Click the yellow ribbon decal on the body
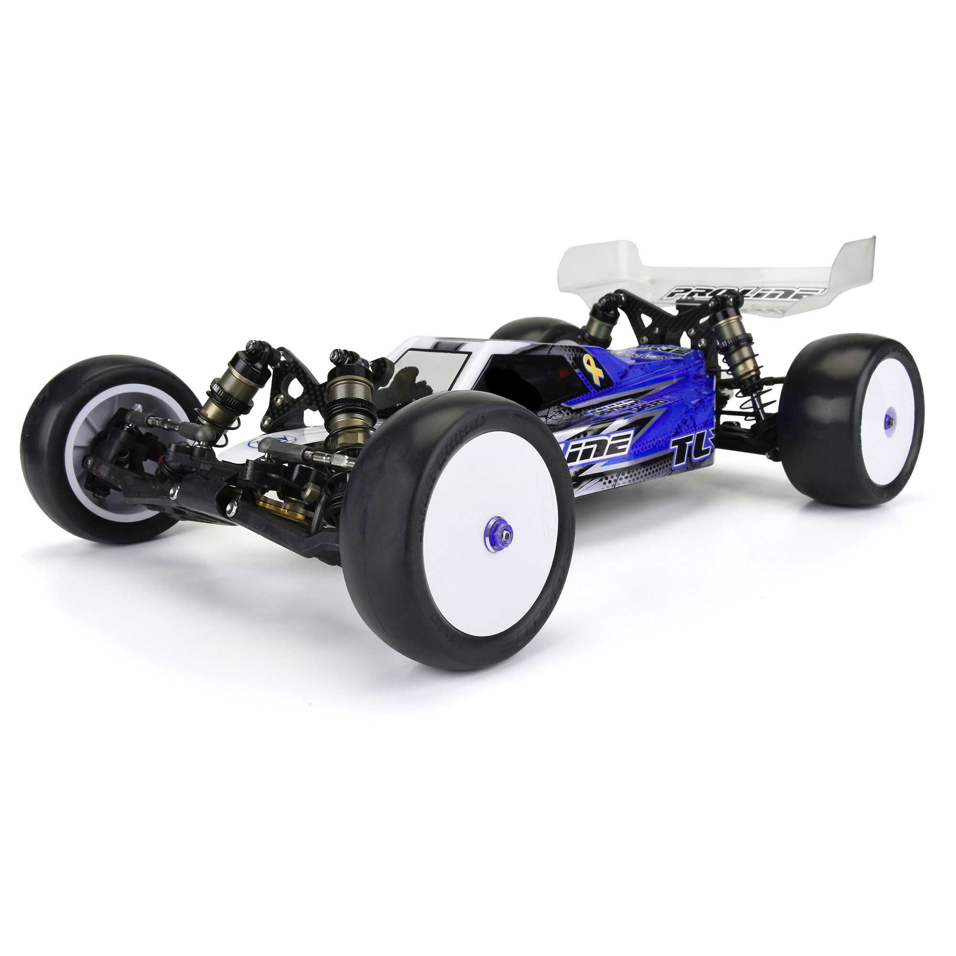click(593, 368)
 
